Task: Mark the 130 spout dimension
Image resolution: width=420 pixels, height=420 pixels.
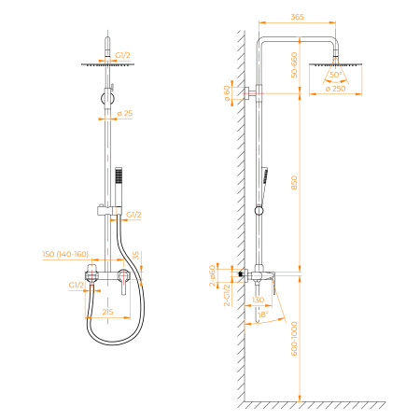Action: tap(260, 300)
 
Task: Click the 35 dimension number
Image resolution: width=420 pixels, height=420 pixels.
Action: tap(136, 254)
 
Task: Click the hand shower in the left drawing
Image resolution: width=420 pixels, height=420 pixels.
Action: tap(119, 180)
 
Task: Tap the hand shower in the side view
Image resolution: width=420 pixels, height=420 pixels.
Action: tap(266, 177)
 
